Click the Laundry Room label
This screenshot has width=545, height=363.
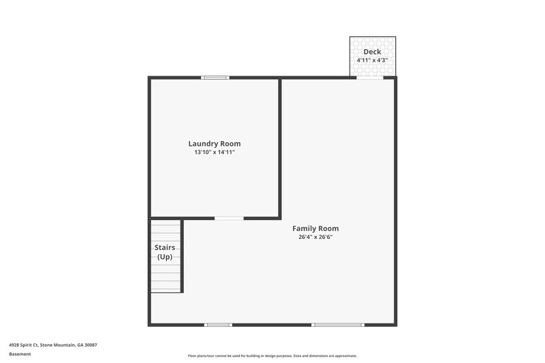point(215,144)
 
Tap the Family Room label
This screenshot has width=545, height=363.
point(315,229)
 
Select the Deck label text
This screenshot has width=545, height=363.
point(372,52)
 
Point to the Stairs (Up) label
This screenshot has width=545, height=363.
point(165,251)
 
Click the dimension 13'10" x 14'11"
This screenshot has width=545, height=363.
point(215,153)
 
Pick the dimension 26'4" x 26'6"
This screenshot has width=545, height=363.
point(315,238)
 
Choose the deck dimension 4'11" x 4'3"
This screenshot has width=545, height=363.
point(372,61)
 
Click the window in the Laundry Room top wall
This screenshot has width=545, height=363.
point(215,78)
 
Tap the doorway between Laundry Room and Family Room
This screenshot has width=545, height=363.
point(229,218)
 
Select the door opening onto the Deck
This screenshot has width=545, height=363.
point(370,78)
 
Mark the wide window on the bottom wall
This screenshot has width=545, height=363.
point(338,325)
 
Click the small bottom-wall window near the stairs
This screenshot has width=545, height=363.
point(218,325)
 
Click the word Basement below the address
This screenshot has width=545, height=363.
point(20,354)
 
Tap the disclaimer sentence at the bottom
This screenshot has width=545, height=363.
point(272,356)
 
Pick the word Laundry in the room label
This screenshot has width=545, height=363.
point(203,144)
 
